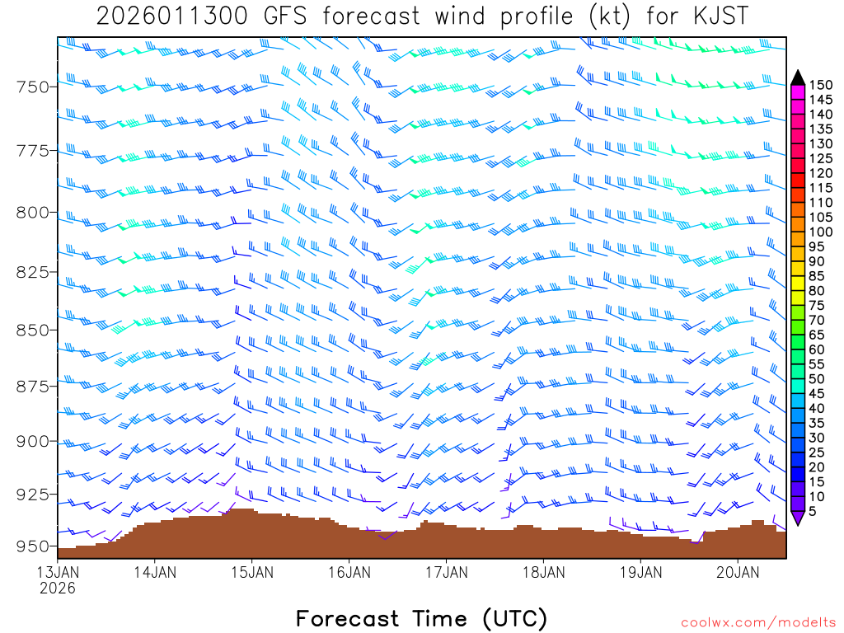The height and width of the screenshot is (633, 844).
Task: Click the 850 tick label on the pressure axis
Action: [x=33, y=330]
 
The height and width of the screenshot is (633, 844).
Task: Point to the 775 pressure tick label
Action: [x=33, y=151]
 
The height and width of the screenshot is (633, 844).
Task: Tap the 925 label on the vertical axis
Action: [x=33, y=494]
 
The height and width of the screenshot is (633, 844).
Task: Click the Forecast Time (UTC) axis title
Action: [x=421, y=618]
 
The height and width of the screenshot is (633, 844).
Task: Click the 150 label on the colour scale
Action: [x=821, y=84]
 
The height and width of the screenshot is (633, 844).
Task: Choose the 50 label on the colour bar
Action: [x=816, y=379]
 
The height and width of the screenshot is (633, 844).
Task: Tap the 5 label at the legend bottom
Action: [x=812, y=511]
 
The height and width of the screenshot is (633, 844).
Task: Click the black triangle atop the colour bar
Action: [x=798, y=77]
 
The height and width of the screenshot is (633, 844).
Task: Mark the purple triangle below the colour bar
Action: [x=798, y=518]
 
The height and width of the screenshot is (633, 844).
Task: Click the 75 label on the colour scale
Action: [x=816, y=305]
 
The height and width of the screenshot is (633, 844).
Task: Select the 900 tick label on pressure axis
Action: [x=33, y=441]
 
